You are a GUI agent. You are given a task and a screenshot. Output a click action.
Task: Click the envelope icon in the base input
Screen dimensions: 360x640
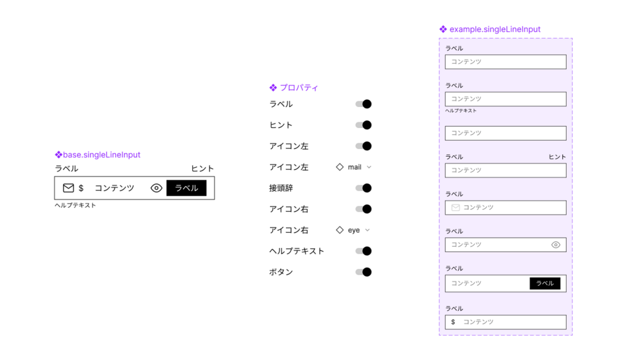click(x=68, y=188)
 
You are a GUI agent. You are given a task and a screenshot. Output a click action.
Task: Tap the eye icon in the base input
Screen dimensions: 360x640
click(x=156, y=188)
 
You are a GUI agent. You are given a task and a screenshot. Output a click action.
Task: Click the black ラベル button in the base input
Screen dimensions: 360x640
click(x=186, y=188)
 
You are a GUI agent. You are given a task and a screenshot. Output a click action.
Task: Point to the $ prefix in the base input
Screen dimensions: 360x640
click(x=81, y=189)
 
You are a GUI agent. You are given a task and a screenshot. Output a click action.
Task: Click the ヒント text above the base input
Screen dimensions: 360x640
click(x=203, y=169)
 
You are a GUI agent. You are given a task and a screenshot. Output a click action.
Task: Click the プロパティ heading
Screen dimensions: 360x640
click(x=299, y=88)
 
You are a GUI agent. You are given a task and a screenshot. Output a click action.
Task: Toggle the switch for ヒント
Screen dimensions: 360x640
click(x=364, y=125)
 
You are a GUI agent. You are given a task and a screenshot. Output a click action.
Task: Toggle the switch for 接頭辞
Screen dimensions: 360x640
click(x=364, y=188)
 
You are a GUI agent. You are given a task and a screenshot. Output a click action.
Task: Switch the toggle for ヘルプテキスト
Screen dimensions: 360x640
click(x=364, y=251)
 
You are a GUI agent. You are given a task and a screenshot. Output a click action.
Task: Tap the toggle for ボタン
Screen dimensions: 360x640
click(x=364, y=272)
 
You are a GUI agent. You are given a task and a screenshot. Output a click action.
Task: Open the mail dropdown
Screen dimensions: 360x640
click(x=354, y=167)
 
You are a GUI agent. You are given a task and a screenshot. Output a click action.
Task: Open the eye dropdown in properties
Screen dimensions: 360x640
click(x=353, y=230)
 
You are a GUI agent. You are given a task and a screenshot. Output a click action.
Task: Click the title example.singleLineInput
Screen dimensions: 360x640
click(x=495, y=29)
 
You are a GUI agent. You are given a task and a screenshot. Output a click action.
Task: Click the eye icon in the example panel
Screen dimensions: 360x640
click(x=555, y=245)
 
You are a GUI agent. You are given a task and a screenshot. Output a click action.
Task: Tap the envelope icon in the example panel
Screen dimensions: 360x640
click(x=455, y=208)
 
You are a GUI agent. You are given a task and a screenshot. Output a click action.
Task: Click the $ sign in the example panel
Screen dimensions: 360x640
click(x=453, y=322)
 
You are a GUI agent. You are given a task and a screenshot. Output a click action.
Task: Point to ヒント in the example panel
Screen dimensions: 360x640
click(x=557, y=157)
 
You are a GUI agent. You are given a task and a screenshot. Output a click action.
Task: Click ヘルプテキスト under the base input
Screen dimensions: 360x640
click(x=75, y=206)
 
